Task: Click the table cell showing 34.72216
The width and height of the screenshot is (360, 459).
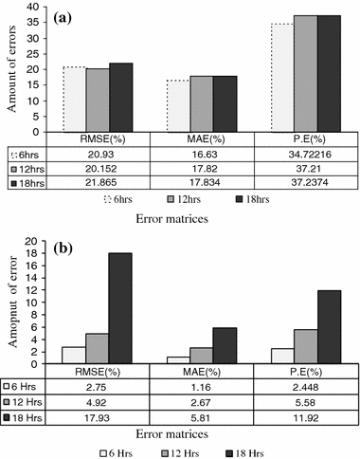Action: click(x=304, y=153)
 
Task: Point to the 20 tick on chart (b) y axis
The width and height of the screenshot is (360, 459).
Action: click(x=31, y=241)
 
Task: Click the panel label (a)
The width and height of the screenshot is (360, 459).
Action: click(x=65, y=16)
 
